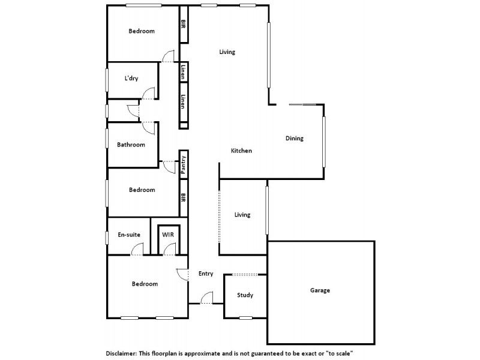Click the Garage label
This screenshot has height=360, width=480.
click(x=320, y=290)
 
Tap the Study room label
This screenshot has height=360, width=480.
click(x=245, y=295)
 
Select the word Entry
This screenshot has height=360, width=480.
click(x=206, y=274)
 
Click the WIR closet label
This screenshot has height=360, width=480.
click(x=167, y=234)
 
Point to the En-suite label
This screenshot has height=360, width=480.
click(x=129, y=235)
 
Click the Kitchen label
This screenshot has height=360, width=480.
click(x=241, y=151)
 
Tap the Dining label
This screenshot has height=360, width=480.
click(x=294, y=139)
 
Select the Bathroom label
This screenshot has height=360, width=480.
click(x=131, y=145)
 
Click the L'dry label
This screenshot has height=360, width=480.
click(x=131, y=78)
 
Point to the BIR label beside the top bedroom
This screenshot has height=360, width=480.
click(x=184, y=25)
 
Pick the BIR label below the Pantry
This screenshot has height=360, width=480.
click(x=184, y=197)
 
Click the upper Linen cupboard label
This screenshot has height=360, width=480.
click(x=184, y=72)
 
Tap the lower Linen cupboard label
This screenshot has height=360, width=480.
click(x=184, y=102)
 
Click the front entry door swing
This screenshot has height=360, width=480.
click(x=208, y=297)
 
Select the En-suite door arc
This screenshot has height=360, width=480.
click(x=136, y=249)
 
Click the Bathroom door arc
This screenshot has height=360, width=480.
click(x=147, y=128)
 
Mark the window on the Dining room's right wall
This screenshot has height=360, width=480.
click(x=324, y=142)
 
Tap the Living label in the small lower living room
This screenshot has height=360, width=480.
click(x=242, y=215)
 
